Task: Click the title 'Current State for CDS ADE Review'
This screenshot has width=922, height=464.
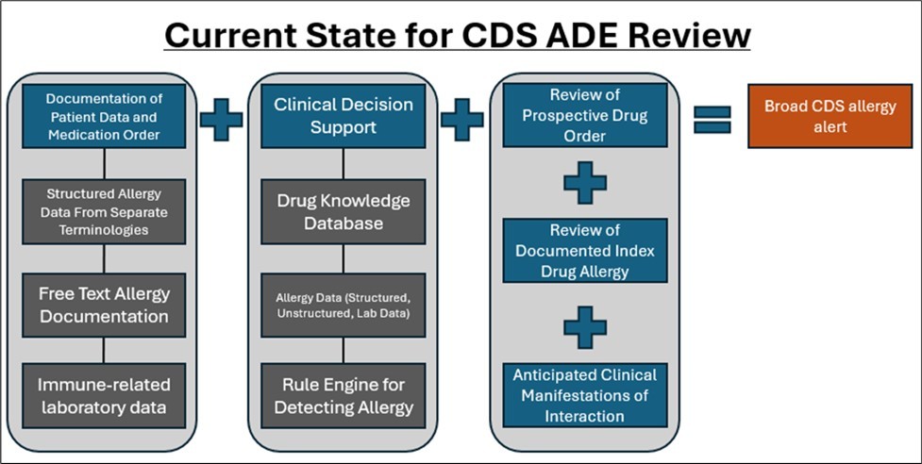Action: pos(458,35)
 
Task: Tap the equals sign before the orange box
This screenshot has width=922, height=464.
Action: pos(712,119)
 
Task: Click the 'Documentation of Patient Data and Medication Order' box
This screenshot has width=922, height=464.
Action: pos(104,115)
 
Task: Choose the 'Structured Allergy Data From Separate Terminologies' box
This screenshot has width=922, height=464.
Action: pos(104,211)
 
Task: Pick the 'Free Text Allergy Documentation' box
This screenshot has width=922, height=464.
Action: pos(104,305)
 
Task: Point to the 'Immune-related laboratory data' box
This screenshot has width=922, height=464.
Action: pos(104,396)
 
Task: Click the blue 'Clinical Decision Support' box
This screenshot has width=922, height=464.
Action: pos(344,115)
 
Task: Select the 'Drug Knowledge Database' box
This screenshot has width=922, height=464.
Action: pos(344,211)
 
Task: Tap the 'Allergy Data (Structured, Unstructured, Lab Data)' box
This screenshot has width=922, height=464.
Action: pos(344,305)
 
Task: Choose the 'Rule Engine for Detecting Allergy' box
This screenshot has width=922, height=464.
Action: pos(344,396)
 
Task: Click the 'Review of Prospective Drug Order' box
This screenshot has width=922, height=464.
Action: pos(584,115)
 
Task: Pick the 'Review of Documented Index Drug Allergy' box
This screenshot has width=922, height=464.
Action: pos(584,250)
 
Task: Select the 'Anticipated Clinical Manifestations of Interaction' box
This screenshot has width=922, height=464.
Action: pos(584,395)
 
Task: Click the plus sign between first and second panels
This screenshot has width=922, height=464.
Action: pos(221,120)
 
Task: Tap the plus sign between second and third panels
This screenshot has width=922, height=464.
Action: pos(462,120)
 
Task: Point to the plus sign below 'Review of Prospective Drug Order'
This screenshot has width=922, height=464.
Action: pos(585,182)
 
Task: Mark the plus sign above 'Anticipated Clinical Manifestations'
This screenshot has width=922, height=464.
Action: pos(585,325)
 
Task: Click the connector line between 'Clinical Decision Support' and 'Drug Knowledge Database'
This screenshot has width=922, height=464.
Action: pos(344,163)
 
